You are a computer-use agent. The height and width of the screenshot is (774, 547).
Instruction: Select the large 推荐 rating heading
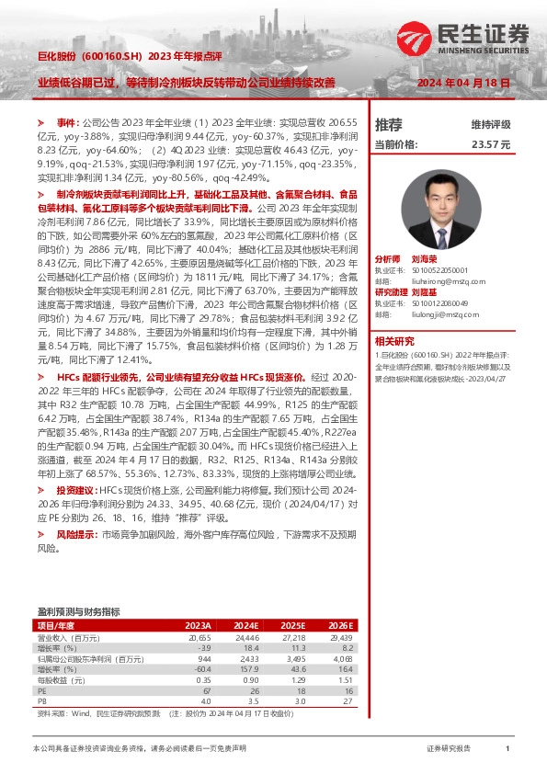click(389, 124)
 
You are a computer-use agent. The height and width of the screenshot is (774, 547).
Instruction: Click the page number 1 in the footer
click(507, 749)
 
